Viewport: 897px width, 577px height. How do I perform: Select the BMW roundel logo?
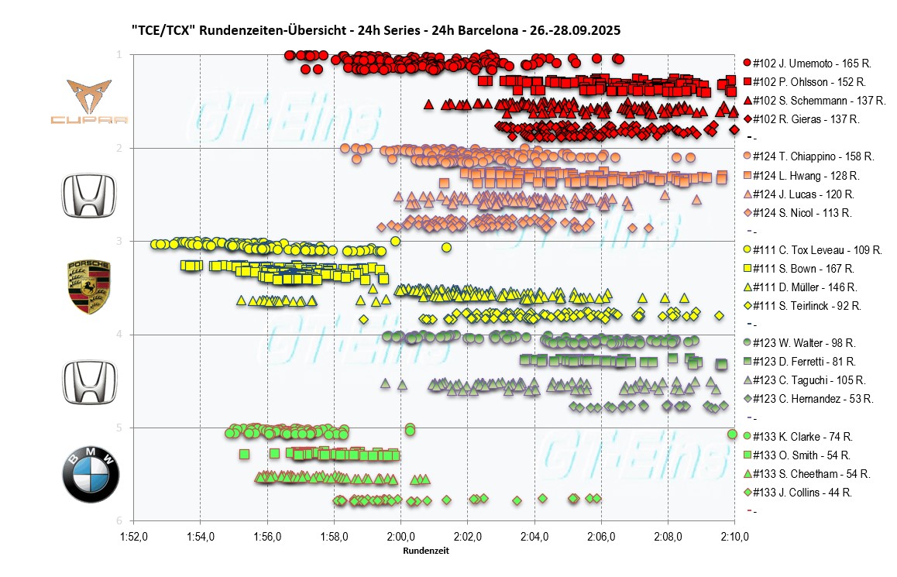tap(90, 473)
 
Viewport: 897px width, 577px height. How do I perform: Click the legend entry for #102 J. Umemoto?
tap(809, 63)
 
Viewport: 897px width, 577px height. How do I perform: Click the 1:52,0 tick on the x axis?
tap(134, 536)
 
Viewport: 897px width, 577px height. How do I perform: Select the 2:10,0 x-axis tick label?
tap(735, 536)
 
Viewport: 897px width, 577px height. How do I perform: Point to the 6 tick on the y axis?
tap(119, 520)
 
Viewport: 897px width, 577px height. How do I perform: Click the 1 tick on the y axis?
tap(119, 54)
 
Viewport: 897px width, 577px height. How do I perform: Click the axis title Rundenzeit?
tap(425, 551)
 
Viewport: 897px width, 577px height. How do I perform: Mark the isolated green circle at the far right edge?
tap(733, 434)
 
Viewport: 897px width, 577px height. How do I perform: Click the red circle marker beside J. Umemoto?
tap(747, 63)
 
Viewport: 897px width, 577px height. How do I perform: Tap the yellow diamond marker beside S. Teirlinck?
tap(747, 306)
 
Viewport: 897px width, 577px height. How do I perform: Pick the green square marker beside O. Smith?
tap(747, 455)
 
